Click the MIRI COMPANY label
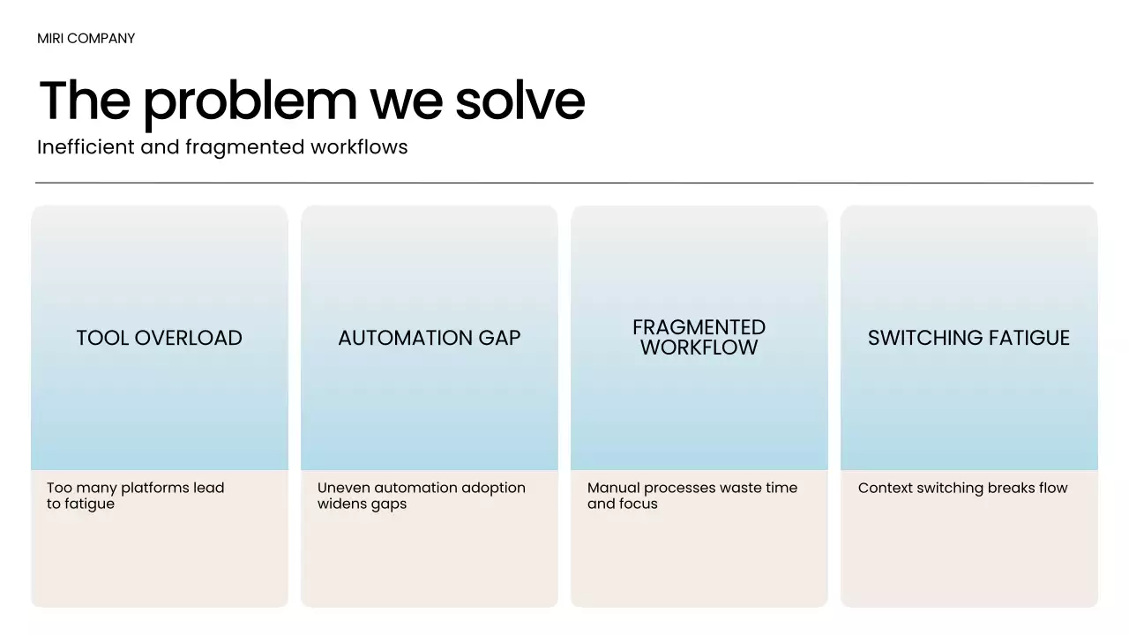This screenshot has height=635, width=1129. [x=86, y=39]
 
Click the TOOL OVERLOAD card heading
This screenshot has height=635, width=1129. [x=159, y=338]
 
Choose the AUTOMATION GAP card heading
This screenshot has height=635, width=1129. [x=430, y=338]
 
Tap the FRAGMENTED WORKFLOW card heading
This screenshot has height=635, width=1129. [x=699, y=338]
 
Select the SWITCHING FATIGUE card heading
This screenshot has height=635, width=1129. [x=968, y=338]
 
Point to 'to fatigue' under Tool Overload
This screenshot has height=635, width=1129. [x=80, y=504]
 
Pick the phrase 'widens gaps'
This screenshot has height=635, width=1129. [x=362, y=504]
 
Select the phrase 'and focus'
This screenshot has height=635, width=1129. [x=622, y=504]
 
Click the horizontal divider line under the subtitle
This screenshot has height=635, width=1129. [x=564, y=183]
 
